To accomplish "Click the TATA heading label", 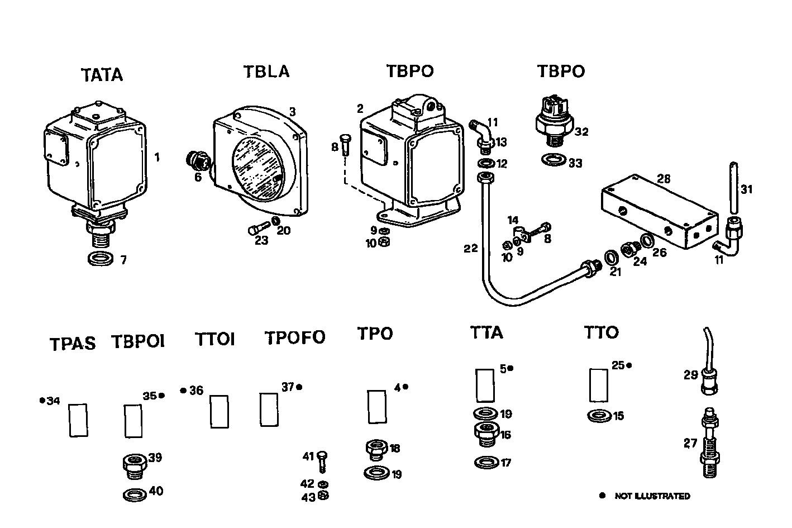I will [x=102, y=75].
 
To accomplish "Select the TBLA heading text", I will [x=266, y=72].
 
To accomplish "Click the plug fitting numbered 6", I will [x=197, y=160].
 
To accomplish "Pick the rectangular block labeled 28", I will [x=659, y=211].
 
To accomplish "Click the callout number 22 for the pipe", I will [x=471, y=248].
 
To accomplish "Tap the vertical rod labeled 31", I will [x=733, y=190].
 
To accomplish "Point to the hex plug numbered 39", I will [x=134, y=465].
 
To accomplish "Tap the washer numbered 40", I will [x=134, y=494].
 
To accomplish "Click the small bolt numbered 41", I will [x=321, y=462].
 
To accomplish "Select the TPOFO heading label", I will [x=294, y=338].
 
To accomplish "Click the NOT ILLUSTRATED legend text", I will [x=652, y=496].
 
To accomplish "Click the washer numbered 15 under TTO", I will [x=599, y=416].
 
